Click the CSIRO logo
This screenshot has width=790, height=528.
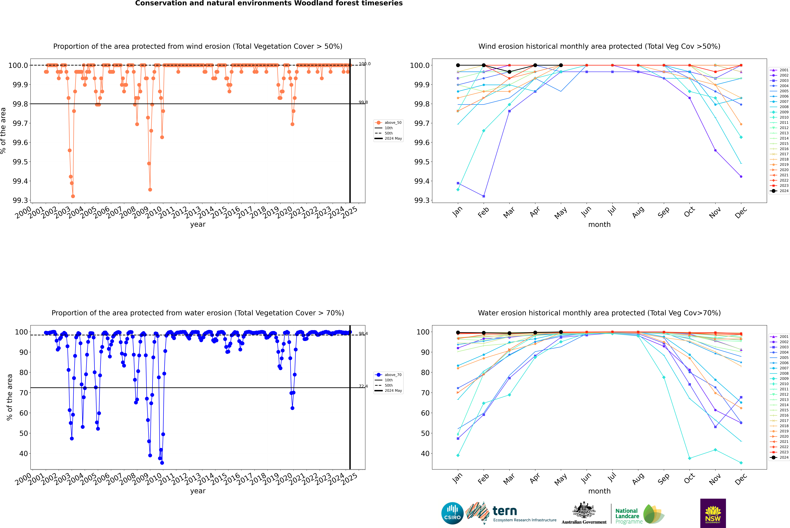click(x=452, y=513)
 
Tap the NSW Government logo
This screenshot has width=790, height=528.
click(x=713, y=513)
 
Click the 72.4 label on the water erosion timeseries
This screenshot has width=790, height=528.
click(x=363, y=386)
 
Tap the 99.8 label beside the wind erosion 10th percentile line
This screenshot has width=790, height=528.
click(x=363, y=102)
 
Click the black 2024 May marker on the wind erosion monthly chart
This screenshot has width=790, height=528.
click(x=561, y=65)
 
